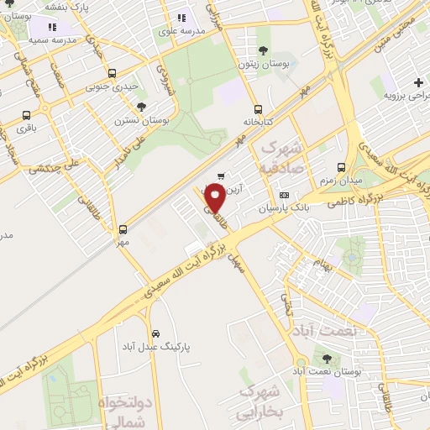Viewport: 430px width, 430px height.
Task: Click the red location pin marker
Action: [x=215, y=197]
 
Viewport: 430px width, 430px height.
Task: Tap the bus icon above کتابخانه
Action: [x=258, y=108]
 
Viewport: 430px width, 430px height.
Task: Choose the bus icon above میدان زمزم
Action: [x=340, y=167]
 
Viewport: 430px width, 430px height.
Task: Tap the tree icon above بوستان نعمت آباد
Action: [x=325, y=358]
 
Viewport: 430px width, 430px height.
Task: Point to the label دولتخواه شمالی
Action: [x=125, y=408]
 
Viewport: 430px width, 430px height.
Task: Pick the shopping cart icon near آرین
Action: [x=221, y=176]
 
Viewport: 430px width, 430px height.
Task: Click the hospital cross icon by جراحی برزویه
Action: [x=418, y=82]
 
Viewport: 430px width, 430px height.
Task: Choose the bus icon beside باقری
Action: [x=27, y=116]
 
